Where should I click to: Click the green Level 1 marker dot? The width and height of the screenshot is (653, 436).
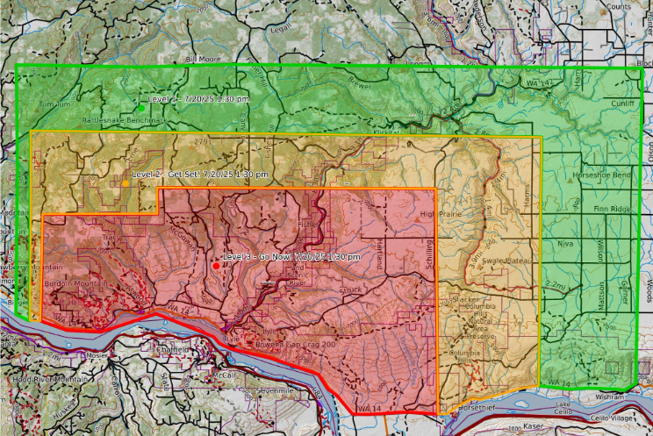pyautogui.click(x=140, y=108)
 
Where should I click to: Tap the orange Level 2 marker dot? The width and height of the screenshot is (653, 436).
pyautogui.click(x=126, y=183)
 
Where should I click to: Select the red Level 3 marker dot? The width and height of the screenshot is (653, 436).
pyautogui.click(x=216, y=265)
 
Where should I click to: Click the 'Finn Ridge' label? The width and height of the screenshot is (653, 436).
pyautogui.click(x=611, y=209)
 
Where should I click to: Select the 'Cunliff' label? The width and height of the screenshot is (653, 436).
pyautogui.click(x=623, y=103)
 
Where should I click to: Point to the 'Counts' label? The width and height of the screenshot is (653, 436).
pyautogui.click(x=618, y=6)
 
